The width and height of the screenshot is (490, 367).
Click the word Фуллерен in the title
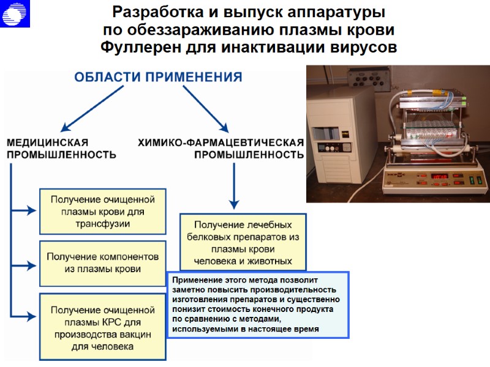(x=139, y=47)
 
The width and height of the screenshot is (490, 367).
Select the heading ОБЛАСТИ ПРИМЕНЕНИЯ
(x=158, y=78)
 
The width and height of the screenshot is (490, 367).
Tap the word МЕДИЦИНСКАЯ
(x=52, y=142)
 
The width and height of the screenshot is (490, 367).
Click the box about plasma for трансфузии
(x=103, y=212)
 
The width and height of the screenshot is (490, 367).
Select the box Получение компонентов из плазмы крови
(x=103, y=263)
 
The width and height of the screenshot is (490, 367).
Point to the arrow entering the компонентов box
(x=24, y=265)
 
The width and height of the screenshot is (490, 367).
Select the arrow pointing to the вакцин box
(x=24, y=316)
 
